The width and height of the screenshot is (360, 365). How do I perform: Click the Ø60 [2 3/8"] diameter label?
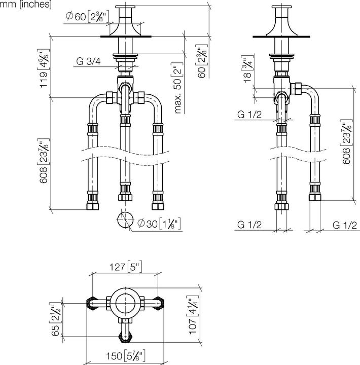click(87, 17)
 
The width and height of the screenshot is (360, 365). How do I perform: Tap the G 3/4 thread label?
click(88, 61)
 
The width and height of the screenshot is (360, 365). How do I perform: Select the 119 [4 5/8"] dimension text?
click(44, 68)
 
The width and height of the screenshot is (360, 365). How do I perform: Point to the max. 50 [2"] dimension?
click(178, 88)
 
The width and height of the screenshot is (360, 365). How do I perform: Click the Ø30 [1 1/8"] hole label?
click(159, 224)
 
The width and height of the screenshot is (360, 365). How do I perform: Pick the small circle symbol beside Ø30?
click(125, 220)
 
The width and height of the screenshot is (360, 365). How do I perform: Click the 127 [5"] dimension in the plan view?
click(126, 267)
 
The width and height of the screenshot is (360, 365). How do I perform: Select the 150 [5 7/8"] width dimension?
click(126, 355)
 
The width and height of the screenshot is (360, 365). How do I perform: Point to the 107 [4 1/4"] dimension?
click(193, 315)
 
